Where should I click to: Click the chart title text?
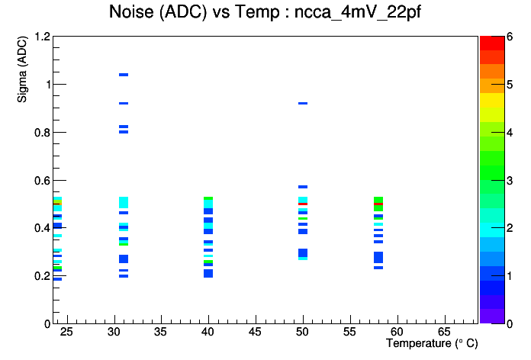(265, 12)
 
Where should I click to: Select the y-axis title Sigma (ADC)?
(22, 69)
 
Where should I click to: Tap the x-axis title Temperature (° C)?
(432, 343)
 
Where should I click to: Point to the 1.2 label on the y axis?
(43, 37)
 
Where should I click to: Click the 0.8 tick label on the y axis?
(43, 133)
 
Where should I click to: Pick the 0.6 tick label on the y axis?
(43, 181)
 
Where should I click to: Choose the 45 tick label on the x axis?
(255, 332)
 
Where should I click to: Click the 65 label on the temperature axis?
(444, 332)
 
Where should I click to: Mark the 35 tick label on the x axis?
(160, 332)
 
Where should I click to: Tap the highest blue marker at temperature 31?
(124, 75)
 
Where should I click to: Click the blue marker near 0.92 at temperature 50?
(303, 103)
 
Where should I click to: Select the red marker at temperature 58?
(378, 204)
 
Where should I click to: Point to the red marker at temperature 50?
(303, 204)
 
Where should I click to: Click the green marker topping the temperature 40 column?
(208, 198)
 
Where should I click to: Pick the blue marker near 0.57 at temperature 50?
(303, 187)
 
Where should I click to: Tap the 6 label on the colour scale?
(510, 37)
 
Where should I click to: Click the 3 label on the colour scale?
(510, 181)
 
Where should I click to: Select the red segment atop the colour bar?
(492, 43)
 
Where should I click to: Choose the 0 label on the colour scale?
(510, 324)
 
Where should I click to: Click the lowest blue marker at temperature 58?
(378, 268)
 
